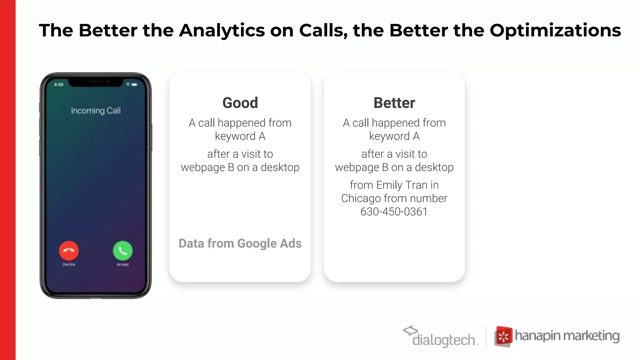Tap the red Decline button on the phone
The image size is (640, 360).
coord(69,251)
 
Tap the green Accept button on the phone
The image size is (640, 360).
coord(122,251)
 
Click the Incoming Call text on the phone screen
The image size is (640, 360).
coord(96,111)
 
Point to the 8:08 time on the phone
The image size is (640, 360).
coord(59,85)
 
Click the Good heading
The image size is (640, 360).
coord(240,103)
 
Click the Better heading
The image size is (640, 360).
coord(394,103)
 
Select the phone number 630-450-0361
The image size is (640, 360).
coord(394,212)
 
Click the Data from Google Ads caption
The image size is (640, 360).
coord(240,243)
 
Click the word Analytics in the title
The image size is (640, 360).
coord(222,31)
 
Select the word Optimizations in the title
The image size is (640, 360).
coord(555,31)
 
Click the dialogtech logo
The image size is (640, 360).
coord(441,337)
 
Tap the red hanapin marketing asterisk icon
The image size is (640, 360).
coord(503,337)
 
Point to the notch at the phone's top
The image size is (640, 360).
coord(96,82)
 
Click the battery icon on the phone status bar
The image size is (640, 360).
coord(134,85)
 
